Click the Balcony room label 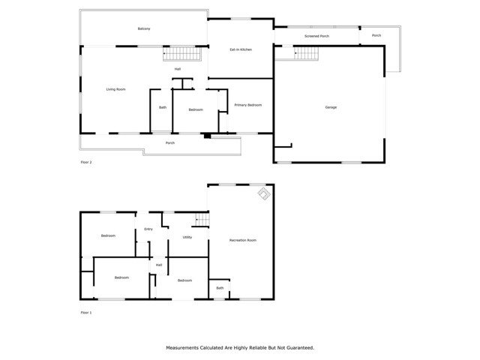(144, 29)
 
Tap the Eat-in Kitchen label (240, 49)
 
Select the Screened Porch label (316, 35)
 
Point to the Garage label (331, 107)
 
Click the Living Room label (115, 89)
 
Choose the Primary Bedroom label (248, 105)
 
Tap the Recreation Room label (243, 240)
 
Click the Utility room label (187, 237)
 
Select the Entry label (148, 229)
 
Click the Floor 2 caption (86, 162)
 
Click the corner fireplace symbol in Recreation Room (264, 193)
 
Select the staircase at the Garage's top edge (306, 53)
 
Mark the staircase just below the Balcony (183, 54)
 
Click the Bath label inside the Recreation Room (220, 288)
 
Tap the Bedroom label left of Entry (108, 235)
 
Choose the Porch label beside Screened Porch (376, 35)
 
